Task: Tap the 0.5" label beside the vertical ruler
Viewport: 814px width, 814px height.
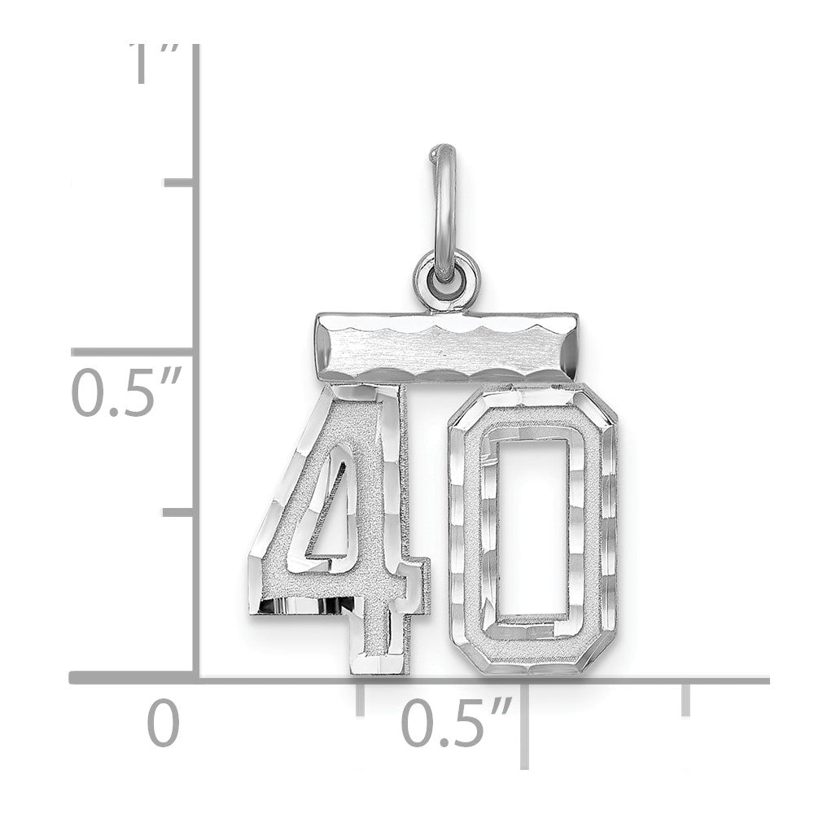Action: point(127,392)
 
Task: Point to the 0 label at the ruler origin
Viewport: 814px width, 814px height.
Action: point(164,724)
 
